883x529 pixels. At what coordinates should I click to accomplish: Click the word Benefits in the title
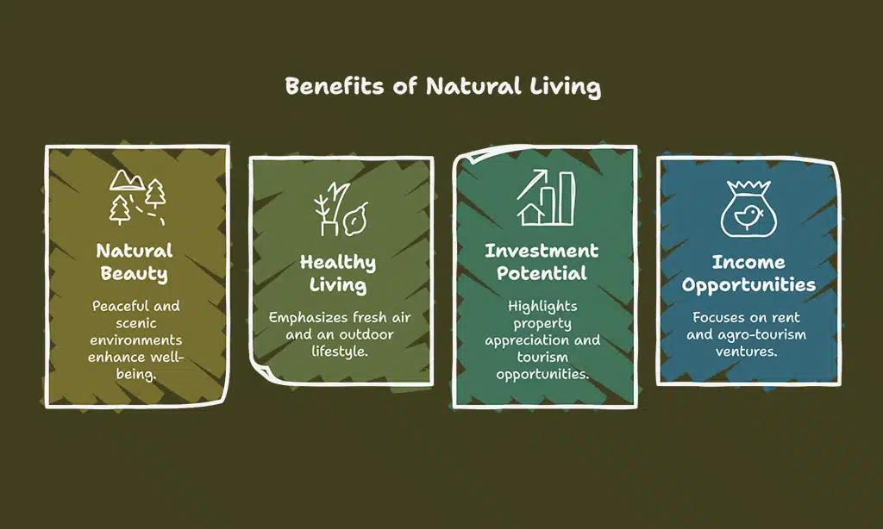[x=335, y=86]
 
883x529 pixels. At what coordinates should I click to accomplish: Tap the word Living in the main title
[x=565, y=87]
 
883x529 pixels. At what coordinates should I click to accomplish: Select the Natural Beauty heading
[x=135, y=262]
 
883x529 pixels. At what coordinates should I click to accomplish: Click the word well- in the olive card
[x=166, y=357]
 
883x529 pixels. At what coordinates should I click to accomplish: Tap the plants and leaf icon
[x=341, y=208]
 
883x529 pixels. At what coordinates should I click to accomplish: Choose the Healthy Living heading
[x=338, y=273]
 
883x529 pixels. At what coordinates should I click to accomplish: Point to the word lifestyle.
[x=340, y=352]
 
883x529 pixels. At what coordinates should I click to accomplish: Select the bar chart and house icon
[x=546, y=197]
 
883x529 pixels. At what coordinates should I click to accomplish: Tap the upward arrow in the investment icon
[x=532, y=184]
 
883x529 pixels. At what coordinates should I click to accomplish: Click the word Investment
[x=542, y=251]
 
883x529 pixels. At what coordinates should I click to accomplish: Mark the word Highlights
[x=542, y=307]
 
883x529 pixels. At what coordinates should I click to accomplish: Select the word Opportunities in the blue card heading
[x=748, y=285]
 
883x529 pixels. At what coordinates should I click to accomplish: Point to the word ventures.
[x=746, y=352]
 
